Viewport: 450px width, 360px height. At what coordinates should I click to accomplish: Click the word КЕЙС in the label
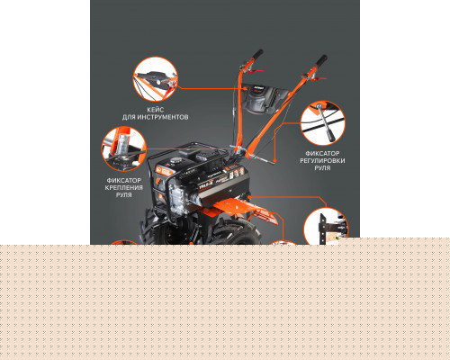tap(155, 110)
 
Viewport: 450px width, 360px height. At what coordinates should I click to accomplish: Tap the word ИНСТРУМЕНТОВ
tap(162, 117)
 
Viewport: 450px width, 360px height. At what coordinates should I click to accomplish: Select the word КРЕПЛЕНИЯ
tap(124, 188)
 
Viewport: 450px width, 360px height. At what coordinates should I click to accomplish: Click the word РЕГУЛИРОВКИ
tap(322, 161)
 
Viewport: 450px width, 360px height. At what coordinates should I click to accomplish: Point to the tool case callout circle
tap(155, 79)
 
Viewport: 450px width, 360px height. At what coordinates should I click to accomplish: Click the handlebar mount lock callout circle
tap(124, 148)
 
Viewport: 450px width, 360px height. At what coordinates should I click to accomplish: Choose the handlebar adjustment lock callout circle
tap(323, 123)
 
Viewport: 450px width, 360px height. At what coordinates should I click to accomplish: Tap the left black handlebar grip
tap(257, 54)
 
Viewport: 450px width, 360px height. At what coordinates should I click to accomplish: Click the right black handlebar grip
tap(321, 60)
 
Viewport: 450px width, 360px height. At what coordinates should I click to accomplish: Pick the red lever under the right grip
tap(318, 78)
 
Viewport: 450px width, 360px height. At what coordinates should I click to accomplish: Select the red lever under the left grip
tap(255, 71)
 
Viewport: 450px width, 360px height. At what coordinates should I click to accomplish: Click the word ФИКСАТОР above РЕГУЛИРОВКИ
tap(322, 153)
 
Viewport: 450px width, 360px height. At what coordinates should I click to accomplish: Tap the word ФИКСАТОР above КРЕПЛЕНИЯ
tap(124, 181)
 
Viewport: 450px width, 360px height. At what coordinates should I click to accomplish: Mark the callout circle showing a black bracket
tap(326, 226)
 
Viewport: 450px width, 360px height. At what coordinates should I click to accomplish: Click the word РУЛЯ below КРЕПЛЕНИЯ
tap(124, 195)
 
